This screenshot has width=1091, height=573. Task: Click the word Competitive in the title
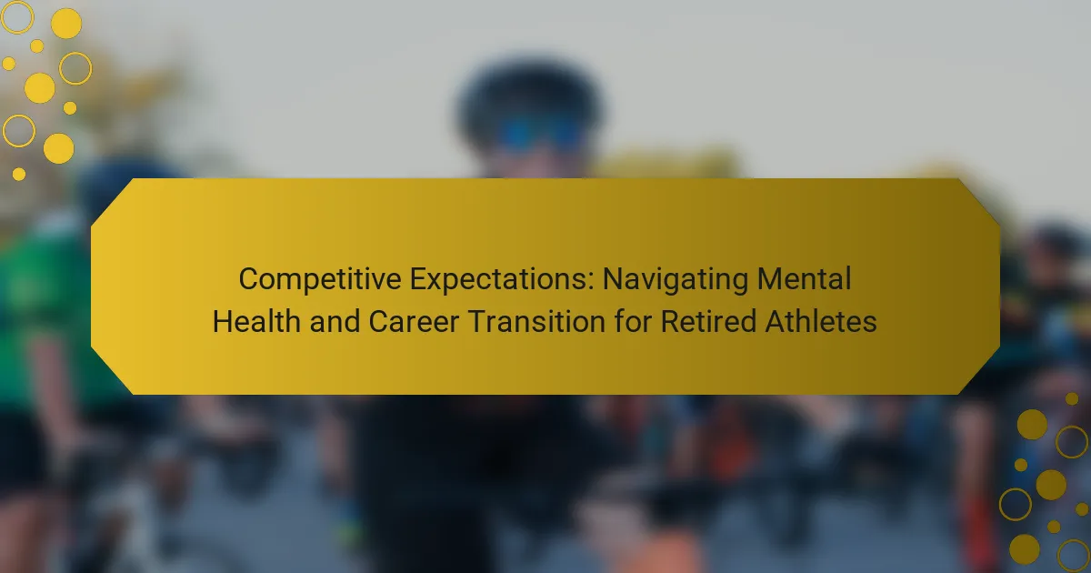(319, 279)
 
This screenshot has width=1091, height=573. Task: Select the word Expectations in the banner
(502, 279)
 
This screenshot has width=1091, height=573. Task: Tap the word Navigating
(675, 279)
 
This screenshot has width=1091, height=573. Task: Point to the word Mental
(804, 278)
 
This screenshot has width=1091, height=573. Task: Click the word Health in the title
(256, 321)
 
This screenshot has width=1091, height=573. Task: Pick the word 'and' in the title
(335, 321)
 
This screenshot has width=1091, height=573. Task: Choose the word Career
(414, 322)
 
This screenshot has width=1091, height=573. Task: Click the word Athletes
(821, 321)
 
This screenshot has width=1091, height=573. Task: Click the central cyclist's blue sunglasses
(542, 133)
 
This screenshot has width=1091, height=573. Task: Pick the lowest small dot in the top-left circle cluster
(19, 174)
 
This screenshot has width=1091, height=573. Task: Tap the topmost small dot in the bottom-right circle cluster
(1072, 399)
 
